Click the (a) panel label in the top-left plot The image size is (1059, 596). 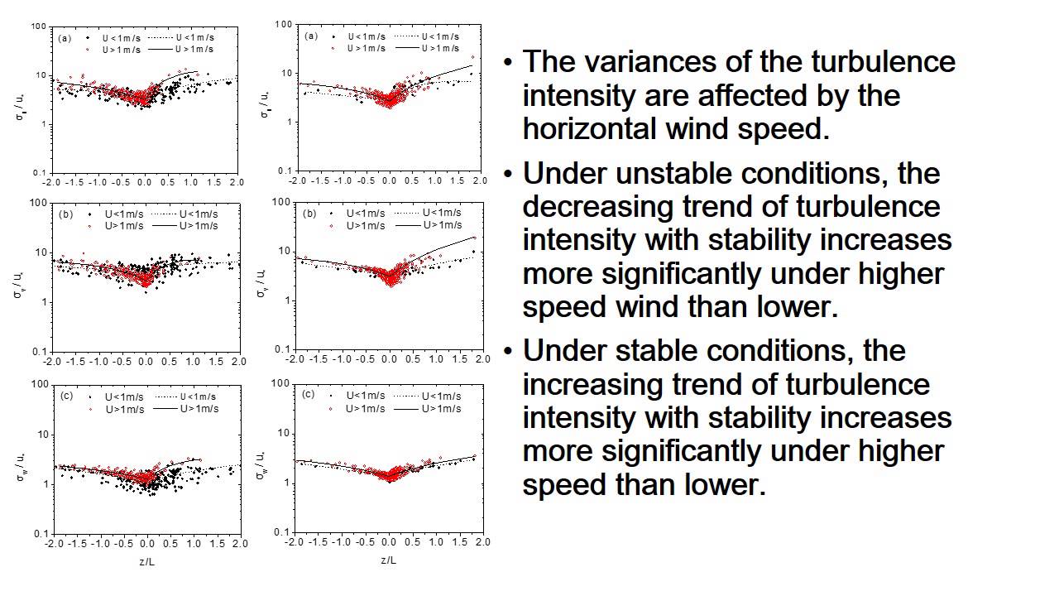click(65, 38)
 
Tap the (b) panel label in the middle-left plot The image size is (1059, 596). click(65, 214)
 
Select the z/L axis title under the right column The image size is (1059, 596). click(389, 560)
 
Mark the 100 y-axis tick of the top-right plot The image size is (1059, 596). click(284, 25)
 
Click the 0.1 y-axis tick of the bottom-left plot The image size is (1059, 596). click(40, 534)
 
